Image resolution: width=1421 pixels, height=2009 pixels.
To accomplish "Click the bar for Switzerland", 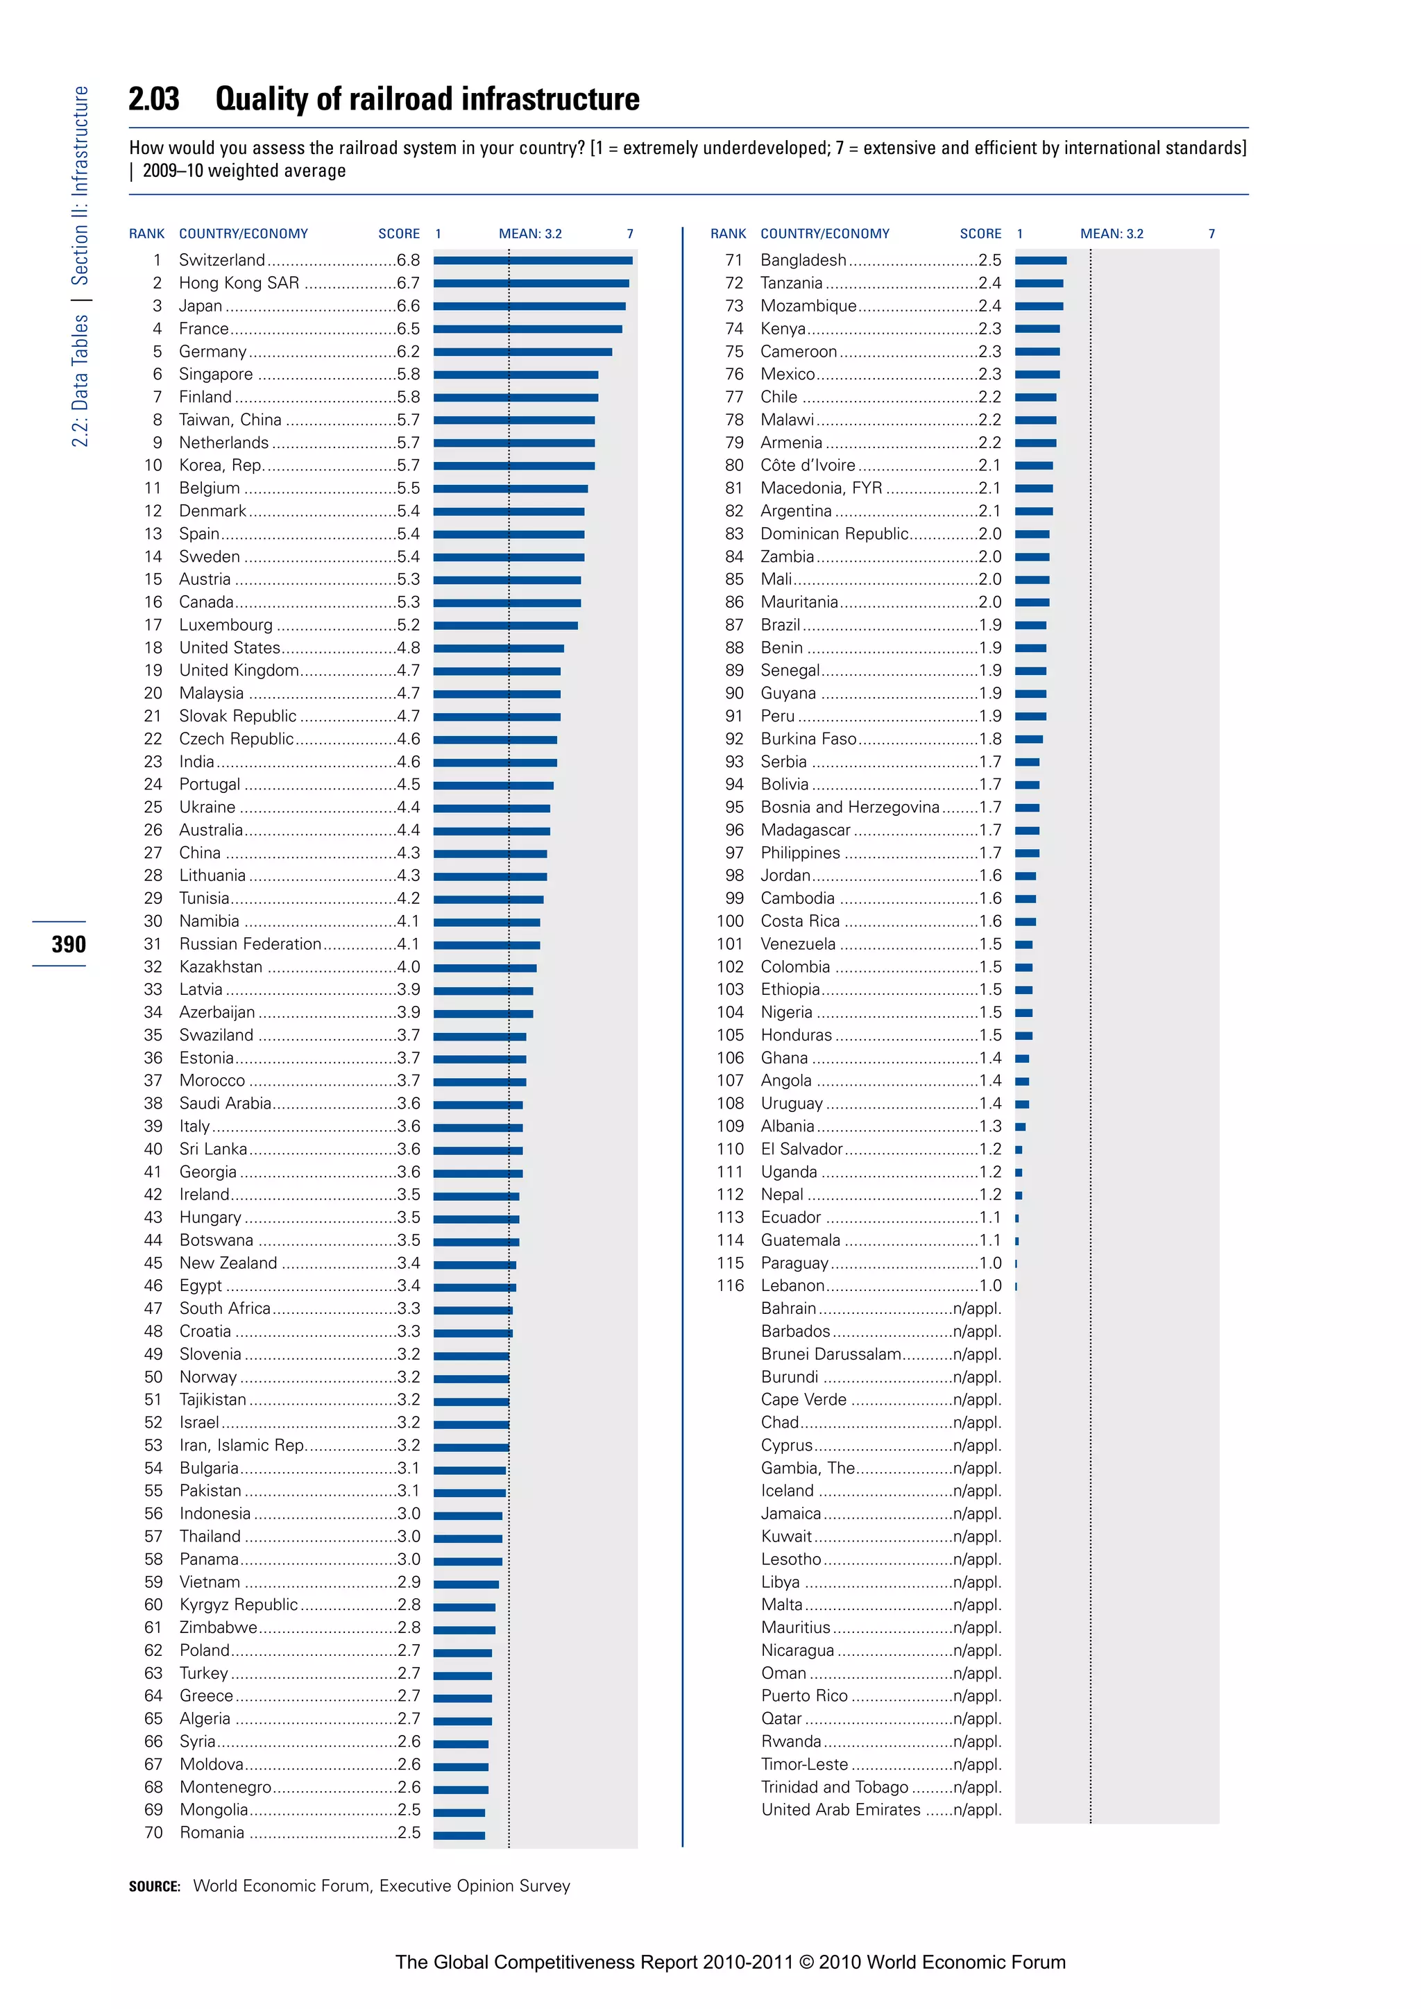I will click(533, 261).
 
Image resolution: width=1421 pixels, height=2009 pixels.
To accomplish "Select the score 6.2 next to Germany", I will click(408, 352).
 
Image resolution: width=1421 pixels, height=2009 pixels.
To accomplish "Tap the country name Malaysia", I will click(212, 693).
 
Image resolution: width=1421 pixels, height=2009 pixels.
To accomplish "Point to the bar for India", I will click(495, 762).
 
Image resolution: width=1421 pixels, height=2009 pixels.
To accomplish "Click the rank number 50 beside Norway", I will click(153, 1377).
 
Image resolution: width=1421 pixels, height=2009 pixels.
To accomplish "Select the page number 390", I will click(68, 944).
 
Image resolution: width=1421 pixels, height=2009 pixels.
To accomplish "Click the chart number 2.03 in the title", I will click(154, 99).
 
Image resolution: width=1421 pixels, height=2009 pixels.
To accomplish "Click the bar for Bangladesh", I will click(1040, 261).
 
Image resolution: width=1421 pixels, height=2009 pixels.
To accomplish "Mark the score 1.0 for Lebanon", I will click(991, 1285).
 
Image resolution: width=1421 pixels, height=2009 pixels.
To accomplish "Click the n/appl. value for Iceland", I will click(978, 1491).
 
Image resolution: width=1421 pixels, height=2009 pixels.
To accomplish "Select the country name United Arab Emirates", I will click(840, 1809).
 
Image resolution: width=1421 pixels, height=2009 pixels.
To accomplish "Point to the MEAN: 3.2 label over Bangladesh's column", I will click(1112, 234).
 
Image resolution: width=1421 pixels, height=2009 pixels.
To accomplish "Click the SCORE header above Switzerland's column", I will click(399, 234).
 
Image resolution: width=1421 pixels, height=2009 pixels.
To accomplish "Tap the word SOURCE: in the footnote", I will click(155, 1886).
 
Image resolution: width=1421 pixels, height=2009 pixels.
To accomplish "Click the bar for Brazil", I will click(1031, 626).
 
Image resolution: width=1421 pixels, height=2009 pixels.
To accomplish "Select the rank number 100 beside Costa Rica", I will click(730, 921).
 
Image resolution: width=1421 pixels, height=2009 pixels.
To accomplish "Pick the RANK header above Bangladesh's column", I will click(728, 234).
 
